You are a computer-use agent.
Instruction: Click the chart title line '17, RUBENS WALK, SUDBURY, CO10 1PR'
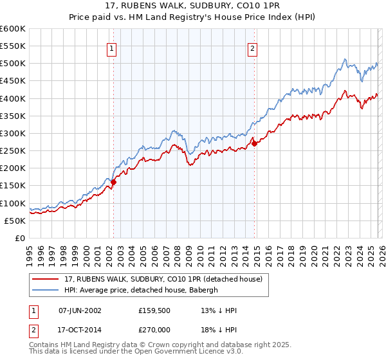(192, 6)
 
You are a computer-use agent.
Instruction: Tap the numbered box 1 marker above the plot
(112, 48)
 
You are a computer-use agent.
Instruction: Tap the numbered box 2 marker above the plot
(253, 48)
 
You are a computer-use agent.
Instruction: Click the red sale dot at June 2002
(114, 182)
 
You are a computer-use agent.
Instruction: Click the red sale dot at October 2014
(255, 143)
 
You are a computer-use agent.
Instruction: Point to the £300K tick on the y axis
(13, 133)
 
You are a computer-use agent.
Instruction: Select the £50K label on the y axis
(15, 221)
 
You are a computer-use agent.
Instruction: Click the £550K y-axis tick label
(13, 46)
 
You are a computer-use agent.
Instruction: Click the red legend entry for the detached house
(163, 280)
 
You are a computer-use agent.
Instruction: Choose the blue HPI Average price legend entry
(142, 291)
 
